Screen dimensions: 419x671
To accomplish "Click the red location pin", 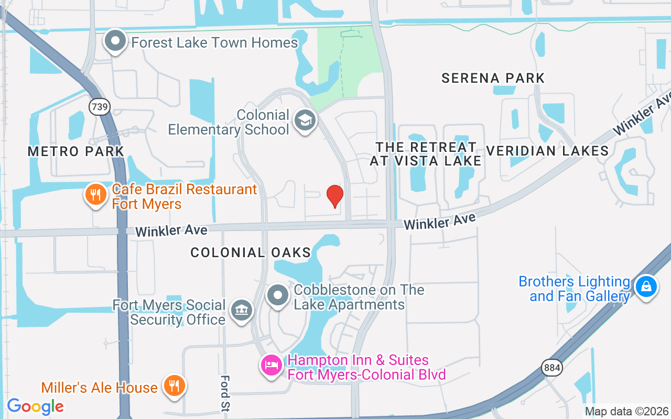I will (335, 196).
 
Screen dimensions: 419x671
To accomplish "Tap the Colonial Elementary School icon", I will (304, 120).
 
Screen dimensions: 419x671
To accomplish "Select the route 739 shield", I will (99, 107).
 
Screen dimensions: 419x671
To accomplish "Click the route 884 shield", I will (553, 367).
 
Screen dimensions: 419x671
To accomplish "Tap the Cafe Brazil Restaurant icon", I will (95, 195).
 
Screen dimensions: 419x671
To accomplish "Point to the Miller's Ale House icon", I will (172, 386).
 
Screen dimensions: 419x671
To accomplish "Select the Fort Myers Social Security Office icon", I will (241, 310).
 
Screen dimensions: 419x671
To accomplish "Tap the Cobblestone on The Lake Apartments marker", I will (278, 296).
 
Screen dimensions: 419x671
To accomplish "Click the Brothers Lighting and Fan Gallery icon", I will (646, 287).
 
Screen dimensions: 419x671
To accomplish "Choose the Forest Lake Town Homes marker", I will (115, 41).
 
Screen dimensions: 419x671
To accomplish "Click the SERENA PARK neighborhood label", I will (493, 79).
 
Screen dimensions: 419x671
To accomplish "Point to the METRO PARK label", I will (76, 152).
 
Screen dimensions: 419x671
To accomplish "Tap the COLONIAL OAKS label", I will (251, 252).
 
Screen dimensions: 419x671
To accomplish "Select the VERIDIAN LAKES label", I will (547, 151).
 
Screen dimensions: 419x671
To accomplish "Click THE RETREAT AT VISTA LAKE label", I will (426, 154).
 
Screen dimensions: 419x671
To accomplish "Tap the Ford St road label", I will (225, 393).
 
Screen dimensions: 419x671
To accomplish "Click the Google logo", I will (35, 406).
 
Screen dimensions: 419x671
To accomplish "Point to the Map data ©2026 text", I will (626, 411).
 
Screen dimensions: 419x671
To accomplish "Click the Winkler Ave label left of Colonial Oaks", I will (171, 230).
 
